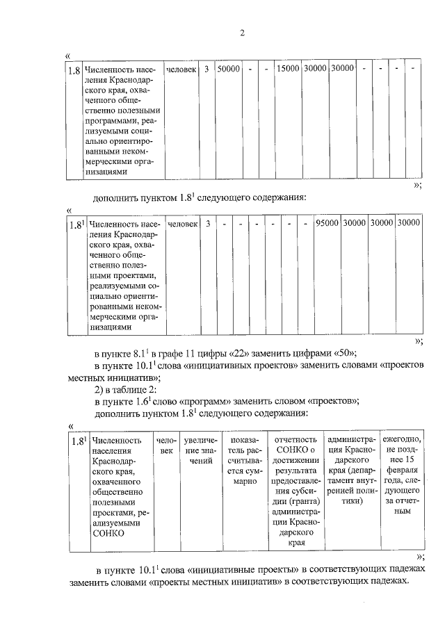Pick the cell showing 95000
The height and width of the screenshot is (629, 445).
tap(326, 224)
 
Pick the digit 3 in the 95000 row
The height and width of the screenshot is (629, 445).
tap(207, 224)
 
